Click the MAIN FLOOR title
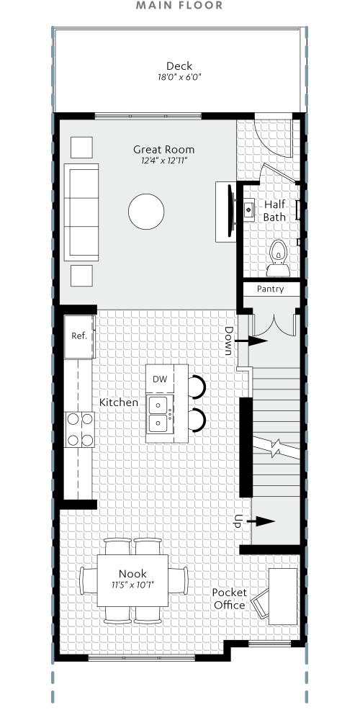(180, 6)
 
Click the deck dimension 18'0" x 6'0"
(179, 77)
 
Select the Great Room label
(163, 150)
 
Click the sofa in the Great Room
(81, 212)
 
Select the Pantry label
(270, 289)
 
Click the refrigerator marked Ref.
(79, 336)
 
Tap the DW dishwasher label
(159, 379)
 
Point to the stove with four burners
(80, 430)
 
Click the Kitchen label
(119, 402)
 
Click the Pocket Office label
(229, 598)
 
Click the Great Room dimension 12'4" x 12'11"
(163, 162)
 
